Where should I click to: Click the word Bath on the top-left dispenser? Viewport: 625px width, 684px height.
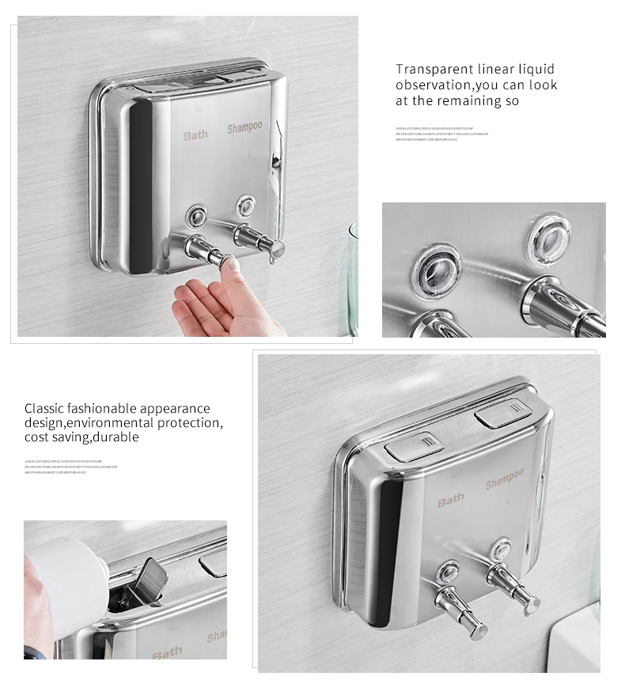tap(195, 135)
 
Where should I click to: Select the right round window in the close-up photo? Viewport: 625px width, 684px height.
tap(548, 234)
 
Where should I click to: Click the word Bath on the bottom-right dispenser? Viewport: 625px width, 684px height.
tap(451, 501)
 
